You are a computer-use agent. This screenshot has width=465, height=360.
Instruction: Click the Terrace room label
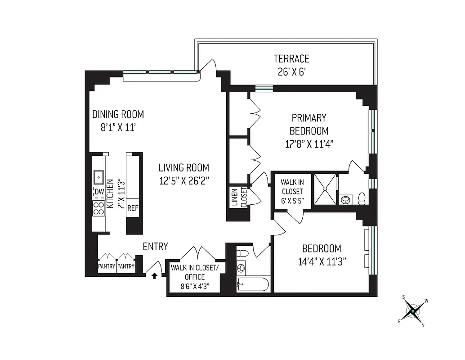291,59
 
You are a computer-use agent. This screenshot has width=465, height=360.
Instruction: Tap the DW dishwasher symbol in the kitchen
99,192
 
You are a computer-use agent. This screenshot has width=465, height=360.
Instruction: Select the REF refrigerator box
133,208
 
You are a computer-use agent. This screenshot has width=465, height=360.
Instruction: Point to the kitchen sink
99,178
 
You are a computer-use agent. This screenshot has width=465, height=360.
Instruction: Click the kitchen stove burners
98,208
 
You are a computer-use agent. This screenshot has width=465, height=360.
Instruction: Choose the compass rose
412,310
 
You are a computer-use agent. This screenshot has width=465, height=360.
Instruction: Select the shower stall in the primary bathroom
324,189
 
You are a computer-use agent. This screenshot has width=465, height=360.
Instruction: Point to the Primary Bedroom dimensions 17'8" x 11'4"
309,144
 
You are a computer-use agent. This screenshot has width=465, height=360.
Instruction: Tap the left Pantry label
107,266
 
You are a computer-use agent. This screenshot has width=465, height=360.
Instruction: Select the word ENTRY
155,247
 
